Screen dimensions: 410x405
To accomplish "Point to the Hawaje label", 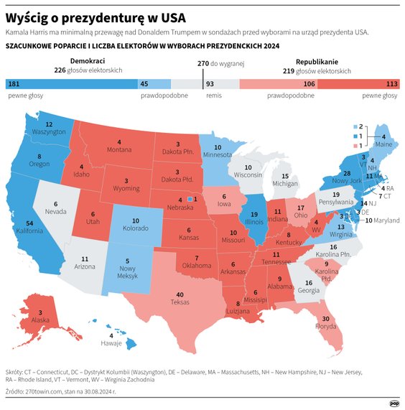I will click(111, 343).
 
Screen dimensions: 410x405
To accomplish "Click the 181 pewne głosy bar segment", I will click(71, 84).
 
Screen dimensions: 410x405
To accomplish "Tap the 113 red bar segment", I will click(358, 84).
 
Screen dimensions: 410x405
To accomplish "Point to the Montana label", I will click(118, 149).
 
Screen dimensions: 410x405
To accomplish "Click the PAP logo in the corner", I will click(394, 403).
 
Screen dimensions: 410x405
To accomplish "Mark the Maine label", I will click(383, 144).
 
